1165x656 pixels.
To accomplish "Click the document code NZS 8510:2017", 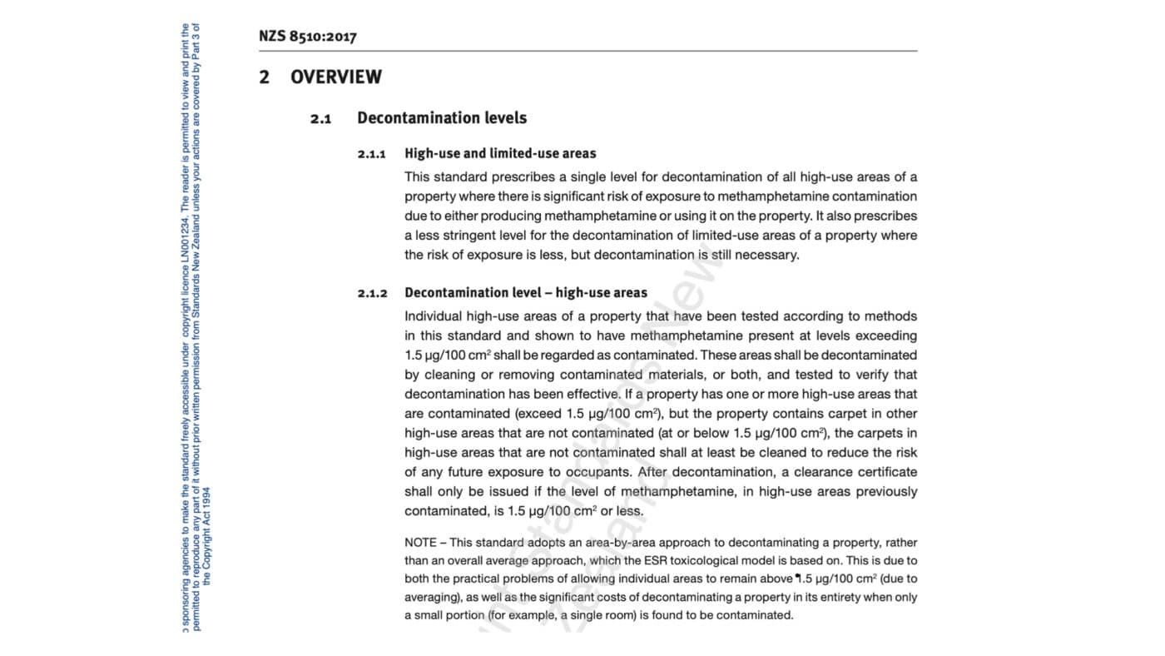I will click(x=307, y=37).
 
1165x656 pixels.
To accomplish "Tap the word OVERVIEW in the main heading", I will click(x=335, y=77).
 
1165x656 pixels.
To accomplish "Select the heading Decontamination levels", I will click(x=442, y=118).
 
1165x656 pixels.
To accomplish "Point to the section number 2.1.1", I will click(x=372, y=154).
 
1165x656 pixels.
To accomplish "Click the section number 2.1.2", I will click(x=372, y=293).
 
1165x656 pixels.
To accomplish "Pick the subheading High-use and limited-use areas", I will click(x=500, y=153).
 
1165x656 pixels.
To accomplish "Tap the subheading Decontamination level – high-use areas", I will click(x=526, y=292).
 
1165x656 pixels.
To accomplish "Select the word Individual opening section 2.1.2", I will click(x=433, y=316).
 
